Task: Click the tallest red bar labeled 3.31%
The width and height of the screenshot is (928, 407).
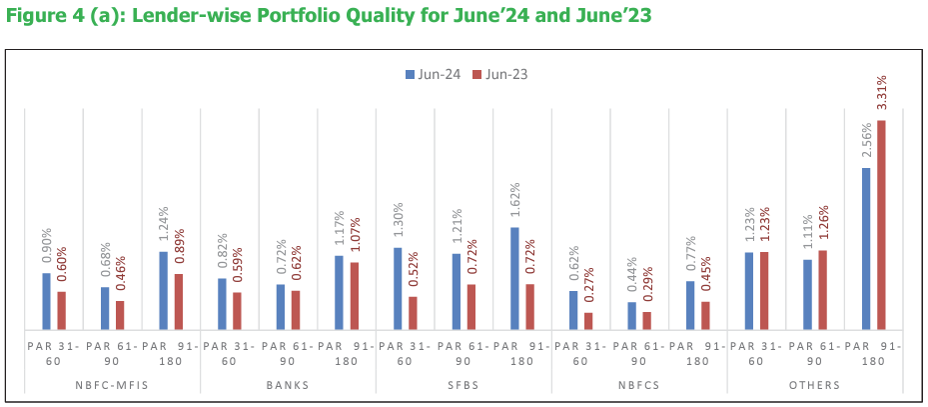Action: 881,225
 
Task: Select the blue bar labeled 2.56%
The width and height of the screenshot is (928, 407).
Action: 866,249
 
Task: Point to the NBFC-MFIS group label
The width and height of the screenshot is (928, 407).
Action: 112,384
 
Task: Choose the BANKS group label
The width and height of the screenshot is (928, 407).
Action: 288,384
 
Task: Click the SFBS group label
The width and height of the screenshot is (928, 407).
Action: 464,384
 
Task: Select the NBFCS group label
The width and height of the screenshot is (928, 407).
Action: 639,384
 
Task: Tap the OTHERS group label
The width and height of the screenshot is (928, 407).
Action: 815,384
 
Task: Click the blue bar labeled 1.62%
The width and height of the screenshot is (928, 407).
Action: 514,279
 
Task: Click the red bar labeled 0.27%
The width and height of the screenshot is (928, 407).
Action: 588,321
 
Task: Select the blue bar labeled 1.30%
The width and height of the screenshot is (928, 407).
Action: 398,289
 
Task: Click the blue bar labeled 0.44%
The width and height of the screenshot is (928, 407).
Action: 631,316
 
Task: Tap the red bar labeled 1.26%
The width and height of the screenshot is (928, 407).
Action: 822,290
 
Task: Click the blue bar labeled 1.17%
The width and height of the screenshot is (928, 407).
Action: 339,293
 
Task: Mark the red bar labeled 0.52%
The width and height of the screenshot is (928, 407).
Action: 413,313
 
